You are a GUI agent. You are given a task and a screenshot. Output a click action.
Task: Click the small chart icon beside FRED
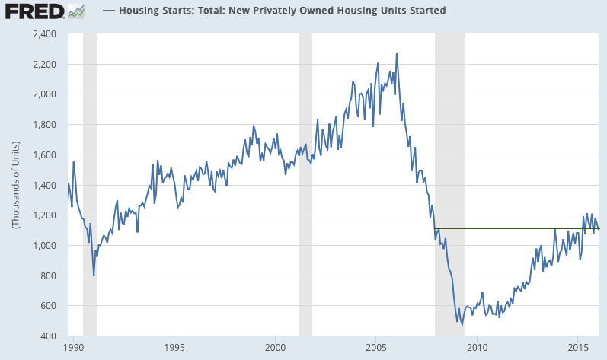click(x=76, y=11)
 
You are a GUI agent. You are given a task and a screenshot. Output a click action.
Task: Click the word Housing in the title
click(x=142, y=11)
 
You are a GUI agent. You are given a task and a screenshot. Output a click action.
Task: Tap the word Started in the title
click(x=425, y=11)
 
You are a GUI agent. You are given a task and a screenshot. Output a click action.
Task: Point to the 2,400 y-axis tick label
click(x=45, y=34)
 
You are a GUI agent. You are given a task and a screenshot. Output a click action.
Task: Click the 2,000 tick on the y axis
click(x=45, y=94)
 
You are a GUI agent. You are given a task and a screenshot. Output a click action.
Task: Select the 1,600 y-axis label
click(x=45, y=155)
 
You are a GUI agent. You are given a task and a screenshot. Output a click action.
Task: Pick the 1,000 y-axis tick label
click(x=45, y=246)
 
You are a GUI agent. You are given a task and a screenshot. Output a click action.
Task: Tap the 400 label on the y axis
click(x=50, y=336)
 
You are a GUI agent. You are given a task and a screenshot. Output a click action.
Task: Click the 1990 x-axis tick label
click(x=74, y=348)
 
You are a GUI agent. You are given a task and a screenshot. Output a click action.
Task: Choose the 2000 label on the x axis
click(x=275, y=348)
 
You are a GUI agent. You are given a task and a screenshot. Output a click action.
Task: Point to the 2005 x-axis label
click(x=375, y=348)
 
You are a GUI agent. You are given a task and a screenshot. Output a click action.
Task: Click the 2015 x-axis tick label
click(x=577, y=348)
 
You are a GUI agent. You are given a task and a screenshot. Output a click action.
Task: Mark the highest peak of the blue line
click(x=396, y=53)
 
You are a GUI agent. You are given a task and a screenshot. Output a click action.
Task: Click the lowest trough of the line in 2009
click(x=462, y=324)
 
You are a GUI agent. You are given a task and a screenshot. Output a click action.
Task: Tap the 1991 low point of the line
click(x=94, y=275)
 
